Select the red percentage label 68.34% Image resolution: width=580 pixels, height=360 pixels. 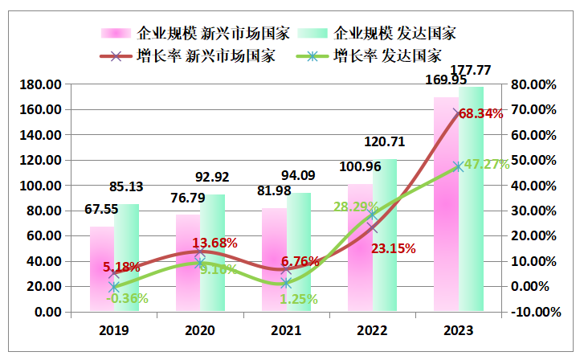point(480,114)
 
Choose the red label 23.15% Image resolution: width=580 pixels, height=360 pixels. point(394,248)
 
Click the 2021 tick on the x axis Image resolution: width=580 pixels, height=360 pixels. point(286,330)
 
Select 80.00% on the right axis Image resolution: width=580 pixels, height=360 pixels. point(532,84)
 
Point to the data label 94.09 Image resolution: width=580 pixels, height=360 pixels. point(299,175)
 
